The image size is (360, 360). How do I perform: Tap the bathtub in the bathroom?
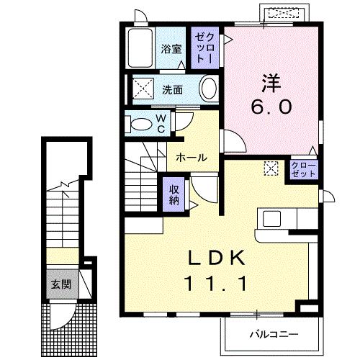click(140, 48)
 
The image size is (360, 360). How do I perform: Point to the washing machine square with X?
click(141, 90)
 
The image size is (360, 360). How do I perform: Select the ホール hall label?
click(192, 157)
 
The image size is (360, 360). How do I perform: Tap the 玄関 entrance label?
click(60, 284)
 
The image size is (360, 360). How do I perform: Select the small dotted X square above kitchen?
click(271, 168)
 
